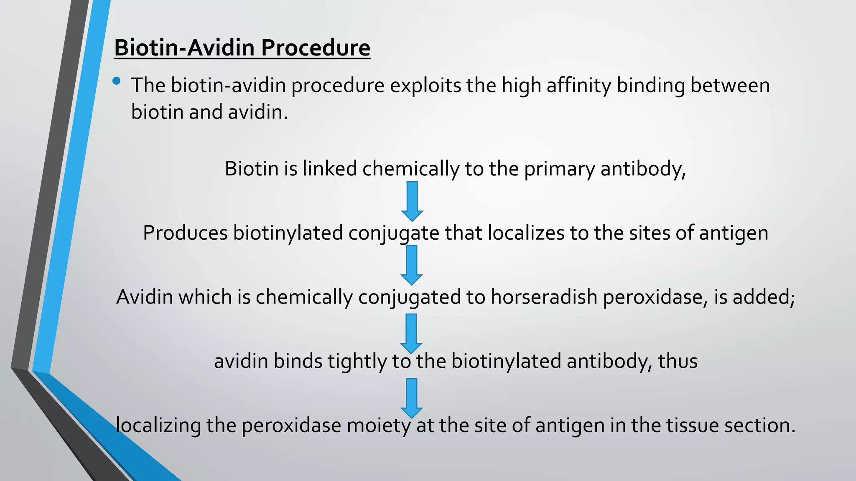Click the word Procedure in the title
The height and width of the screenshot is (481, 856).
pyautogui.click(x=316, y=48)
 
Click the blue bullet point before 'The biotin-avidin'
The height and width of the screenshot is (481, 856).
pyautogui.click(x=117, y=81)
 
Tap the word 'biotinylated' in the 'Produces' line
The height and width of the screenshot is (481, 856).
pyautogui.click(x=288, y=233)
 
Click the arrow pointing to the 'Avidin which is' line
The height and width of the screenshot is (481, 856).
pyautogui.click(x=412, y=265)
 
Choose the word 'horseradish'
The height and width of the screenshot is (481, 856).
pyautogui.click(x=544, y=297)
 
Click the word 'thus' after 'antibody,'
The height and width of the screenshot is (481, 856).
pyautogui.click(x=678, y=362)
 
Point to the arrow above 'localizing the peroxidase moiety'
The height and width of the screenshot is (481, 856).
pyautogui.click(x=412, y=398)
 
